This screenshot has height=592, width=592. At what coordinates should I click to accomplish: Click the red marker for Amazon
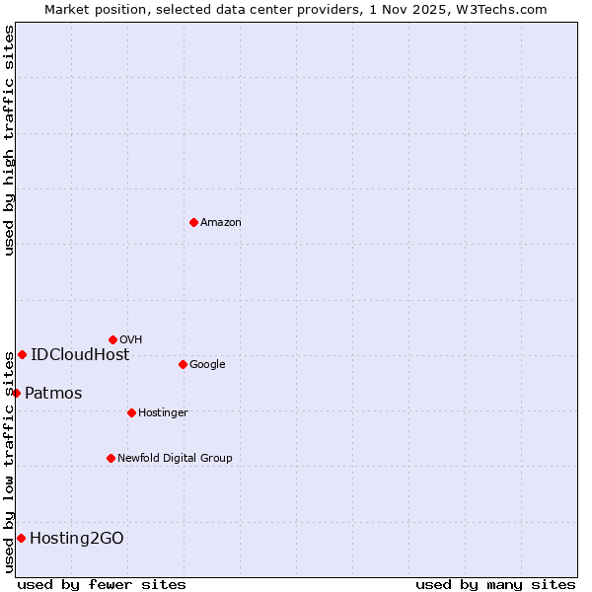[x=193, y=222]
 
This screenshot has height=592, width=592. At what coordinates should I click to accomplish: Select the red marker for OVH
[x=112, y=339]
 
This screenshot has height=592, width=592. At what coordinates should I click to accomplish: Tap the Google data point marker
[x=183, y=364]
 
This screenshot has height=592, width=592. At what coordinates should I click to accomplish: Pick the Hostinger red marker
[x=131, y=412]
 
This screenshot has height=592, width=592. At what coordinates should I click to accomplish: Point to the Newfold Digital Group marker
[x=111, y=458]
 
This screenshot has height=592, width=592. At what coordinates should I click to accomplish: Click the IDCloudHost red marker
[x=22, y=354]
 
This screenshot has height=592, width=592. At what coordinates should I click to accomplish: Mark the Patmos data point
[x=16, y=393]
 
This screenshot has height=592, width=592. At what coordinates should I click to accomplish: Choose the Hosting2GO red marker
[x=21, y=538]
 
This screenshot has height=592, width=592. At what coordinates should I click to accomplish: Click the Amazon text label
[x=221, y=223]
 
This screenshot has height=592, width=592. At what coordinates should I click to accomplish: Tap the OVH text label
[x=131, y=340]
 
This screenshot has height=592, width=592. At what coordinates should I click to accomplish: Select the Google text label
[x=207, y=365]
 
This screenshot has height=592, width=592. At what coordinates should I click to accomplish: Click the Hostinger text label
[x=163, y=413]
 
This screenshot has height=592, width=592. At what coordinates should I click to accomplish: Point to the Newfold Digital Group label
[x=175, y=459]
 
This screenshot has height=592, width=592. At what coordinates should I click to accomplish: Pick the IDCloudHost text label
[x=80, y=355]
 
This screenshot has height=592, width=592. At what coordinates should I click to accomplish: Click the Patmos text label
[x=53, y=394]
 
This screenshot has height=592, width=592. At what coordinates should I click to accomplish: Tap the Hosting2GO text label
[x=77, y=539]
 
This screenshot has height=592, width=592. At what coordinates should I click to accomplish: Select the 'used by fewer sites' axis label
[x=102, y=584]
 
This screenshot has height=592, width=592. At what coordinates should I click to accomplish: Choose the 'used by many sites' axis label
[x=495, y=584]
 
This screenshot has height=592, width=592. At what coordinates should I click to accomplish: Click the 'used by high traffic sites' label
[x=9, y=140]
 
